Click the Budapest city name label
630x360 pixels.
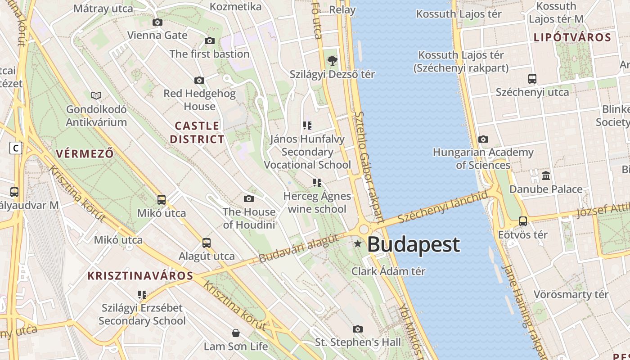tap(414, 244)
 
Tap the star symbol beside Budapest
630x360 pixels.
tap(358, 244)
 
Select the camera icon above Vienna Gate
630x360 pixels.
tap(157, 22)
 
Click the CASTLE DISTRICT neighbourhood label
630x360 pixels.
tap(197, 132)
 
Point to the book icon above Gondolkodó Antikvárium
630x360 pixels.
tap(96, 95)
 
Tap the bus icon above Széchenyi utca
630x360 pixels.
tap(532, 79)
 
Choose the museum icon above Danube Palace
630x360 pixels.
tap(546, 175)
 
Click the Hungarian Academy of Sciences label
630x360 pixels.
tap(483, 158)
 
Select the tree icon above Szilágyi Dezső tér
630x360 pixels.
tap(332, 60)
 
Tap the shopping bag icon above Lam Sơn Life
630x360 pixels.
tap(235, 333)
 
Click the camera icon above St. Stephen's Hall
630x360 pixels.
tap(358, 329)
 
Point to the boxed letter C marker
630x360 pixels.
tap(16, 148)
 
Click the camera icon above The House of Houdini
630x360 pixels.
tap(248, 198)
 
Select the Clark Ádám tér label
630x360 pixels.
tap(388, 271)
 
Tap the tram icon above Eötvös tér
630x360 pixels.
tap(522, 221)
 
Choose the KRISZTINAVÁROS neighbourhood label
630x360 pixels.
tap(140, 276)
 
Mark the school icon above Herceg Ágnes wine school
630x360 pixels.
tap(317, 182)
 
